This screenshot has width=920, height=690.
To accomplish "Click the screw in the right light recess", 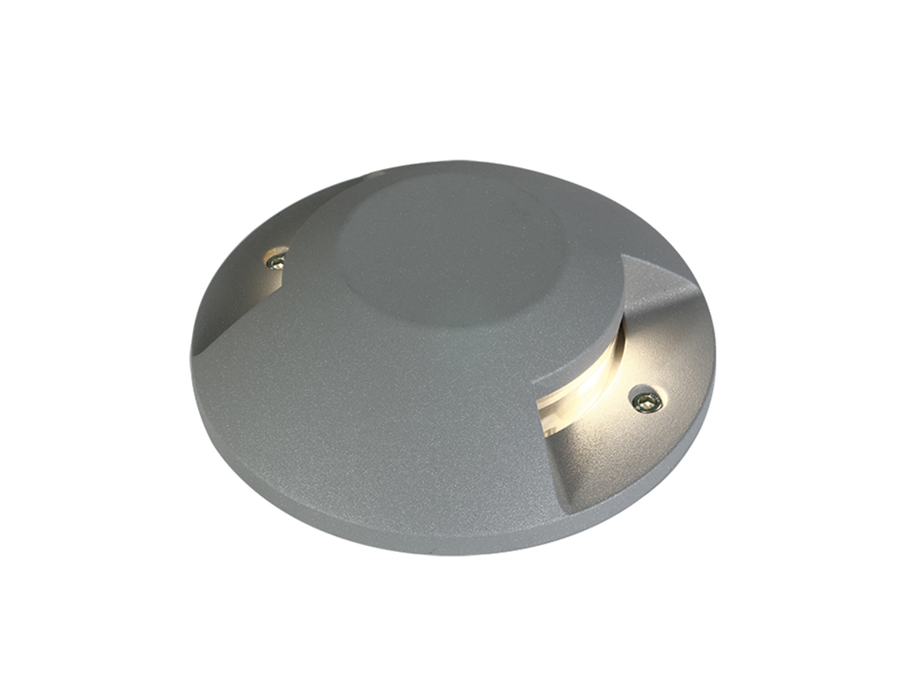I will [647, 401].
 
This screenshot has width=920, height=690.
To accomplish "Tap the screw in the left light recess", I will [275, 261].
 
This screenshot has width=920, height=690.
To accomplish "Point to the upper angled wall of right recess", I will [661, 293].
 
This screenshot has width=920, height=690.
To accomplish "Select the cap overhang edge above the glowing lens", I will [615, 335].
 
